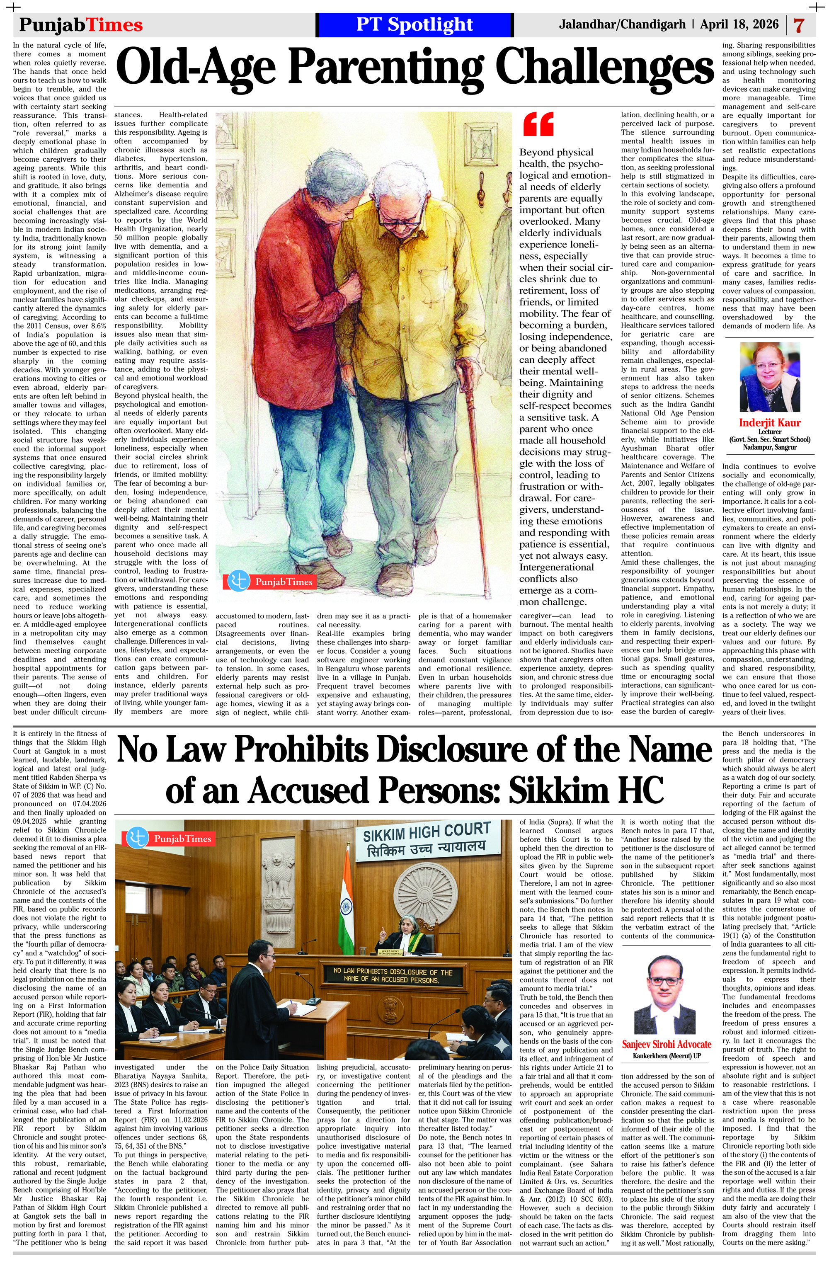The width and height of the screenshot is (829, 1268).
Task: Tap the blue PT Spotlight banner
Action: tap(414, 24)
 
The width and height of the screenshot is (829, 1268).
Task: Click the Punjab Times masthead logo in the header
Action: tap(81, 24)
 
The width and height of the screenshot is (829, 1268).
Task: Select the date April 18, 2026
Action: tap(739, 24)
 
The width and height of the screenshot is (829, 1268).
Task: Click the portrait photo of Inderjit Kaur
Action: tap(769, 377)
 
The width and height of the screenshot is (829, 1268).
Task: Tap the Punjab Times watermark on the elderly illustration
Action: tap(272, 581)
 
